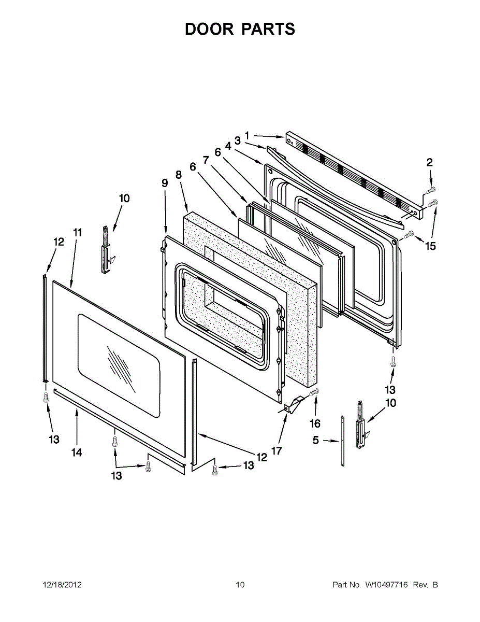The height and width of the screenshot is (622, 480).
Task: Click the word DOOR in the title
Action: tap(209, 29)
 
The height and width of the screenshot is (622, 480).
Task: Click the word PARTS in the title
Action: tap(268, 29)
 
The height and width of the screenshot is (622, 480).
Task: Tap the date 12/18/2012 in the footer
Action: tap(62, 585)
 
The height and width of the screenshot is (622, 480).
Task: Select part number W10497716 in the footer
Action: tap(386, 585)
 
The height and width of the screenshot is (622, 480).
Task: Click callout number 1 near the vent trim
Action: tap(247, 135)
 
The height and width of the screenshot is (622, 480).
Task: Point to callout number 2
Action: tap(429, 163)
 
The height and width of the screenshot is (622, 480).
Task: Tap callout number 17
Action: tap(277, 451)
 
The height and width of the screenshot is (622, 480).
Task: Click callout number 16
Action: tap(315, 423)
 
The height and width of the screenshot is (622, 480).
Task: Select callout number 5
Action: tap(316, 440)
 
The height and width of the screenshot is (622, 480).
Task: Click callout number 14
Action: tap(77, 453)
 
